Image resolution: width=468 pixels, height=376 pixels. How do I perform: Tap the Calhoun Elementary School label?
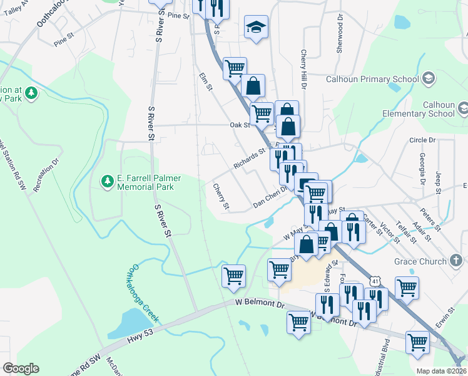(x=419, y=109)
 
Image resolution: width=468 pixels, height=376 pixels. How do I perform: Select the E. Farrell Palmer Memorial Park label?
(x=149, y=182)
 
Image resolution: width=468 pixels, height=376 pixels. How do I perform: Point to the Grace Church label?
(x=420, y=261)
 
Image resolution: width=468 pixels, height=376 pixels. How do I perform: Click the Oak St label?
(x=240, y=125)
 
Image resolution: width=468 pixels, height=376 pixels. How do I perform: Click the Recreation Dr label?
(x=46, y=175)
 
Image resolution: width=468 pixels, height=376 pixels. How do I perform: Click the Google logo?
(x=21, y=368)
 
